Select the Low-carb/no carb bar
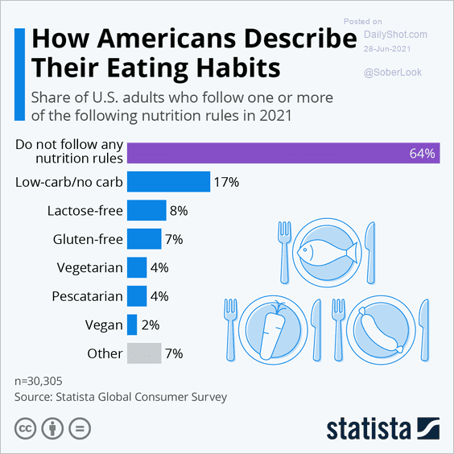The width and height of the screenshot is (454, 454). pos(168,182)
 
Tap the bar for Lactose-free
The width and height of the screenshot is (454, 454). pos(147,211)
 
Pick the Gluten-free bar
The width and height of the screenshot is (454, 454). pos(144,239)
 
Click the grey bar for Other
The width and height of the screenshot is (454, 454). pos(144,353)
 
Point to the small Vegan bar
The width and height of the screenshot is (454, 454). pos(131,324)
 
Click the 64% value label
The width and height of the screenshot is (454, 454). pos(423,152)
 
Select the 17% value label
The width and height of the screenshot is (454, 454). pos(226,182)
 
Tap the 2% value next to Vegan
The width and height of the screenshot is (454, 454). pos(151,324)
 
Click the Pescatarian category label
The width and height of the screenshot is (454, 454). pos(87,296)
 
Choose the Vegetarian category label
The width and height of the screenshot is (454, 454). pos(89,267)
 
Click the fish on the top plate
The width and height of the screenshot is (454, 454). pos(325,252)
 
